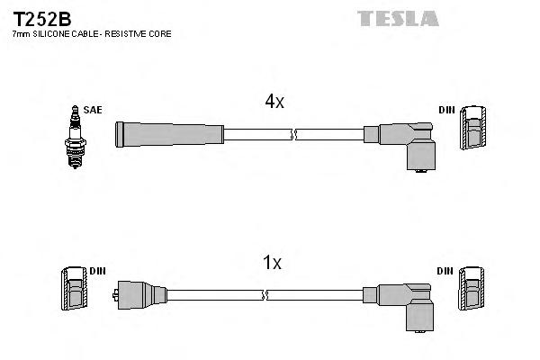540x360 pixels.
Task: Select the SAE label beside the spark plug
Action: point(93,110)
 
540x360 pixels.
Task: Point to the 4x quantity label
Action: point(274,102)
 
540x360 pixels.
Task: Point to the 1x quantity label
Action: point(272,263)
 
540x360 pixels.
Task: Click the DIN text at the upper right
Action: point(446,110)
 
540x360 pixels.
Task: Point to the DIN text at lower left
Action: point(98,270)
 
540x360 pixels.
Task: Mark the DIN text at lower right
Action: point(446,270)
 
